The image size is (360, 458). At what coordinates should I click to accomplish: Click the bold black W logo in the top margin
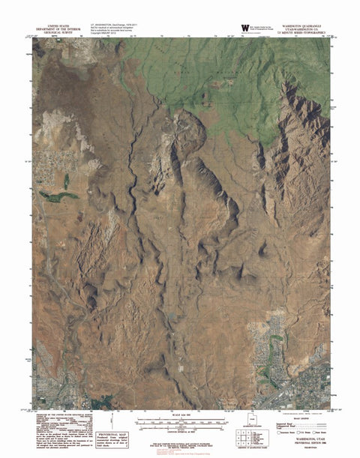(244, 28)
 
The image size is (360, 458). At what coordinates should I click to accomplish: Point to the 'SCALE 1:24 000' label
(180, 415)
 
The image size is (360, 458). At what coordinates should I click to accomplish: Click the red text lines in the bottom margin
(180, 450)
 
